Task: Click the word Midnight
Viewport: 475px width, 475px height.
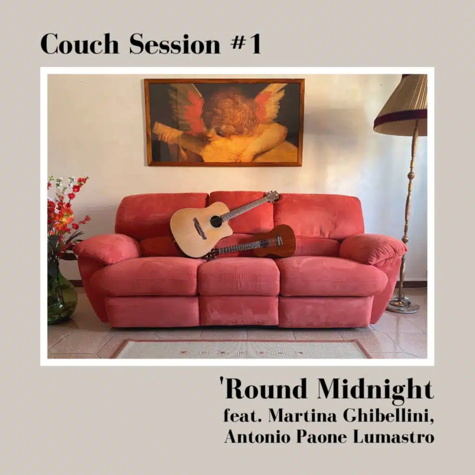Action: coord(375,391)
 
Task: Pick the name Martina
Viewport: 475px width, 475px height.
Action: coord(302,416)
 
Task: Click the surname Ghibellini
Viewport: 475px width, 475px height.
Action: coord(388,416)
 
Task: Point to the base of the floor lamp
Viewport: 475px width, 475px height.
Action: coord(403,306)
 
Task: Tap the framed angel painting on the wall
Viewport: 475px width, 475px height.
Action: coord(225,122)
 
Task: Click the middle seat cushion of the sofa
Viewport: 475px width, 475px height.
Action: coord(238,276)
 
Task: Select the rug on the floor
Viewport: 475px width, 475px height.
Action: coord(241,349)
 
